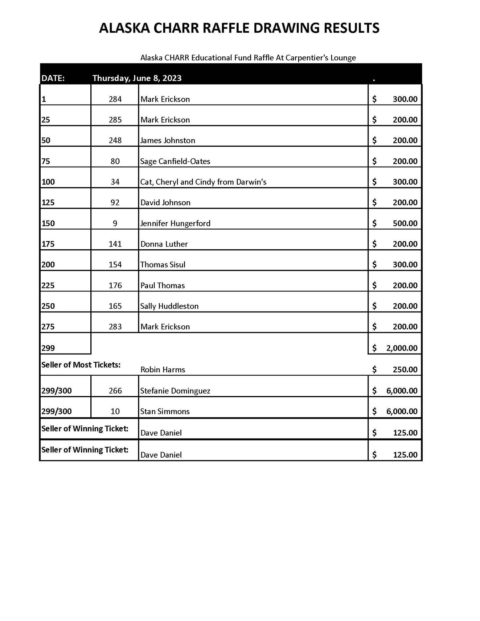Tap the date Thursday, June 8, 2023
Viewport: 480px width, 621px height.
[137, 78]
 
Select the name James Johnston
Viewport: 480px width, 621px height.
[167, 140]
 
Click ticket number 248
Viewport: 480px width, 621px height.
[115, 140]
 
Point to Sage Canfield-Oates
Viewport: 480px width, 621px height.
[175, 161]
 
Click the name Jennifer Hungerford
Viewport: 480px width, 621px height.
[175, 223]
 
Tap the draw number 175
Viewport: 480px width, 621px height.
[48, 244]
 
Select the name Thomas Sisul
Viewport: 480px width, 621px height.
[163, 265]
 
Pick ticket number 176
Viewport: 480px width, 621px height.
[115, 285]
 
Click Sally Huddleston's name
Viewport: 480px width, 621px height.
[169, 306]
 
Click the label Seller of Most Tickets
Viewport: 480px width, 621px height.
[81, 365]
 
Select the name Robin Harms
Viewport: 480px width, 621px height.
[163, 370]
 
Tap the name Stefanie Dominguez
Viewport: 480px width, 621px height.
[175, 391]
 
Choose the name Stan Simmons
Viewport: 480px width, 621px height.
[165, 411]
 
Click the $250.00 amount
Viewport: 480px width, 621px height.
[405, 370]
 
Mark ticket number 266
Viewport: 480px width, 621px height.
[115, 391]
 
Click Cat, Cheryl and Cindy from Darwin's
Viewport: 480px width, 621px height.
[203, 182]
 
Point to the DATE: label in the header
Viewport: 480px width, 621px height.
[53, 78]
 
